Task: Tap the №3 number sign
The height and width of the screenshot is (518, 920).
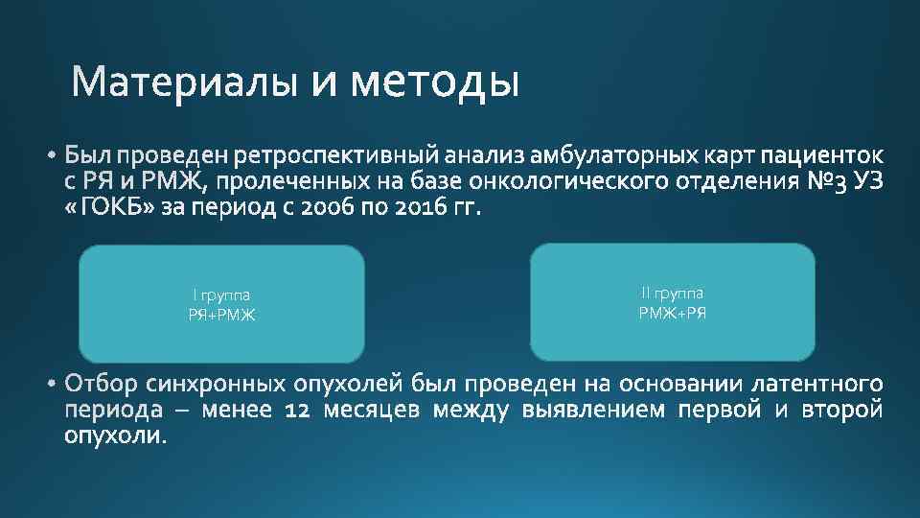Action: pos(827,182)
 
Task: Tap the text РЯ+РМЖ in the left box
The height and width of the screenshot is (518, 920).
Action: pos(221,315)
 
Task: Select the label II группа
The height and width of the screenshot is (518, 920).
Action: pos(672,294)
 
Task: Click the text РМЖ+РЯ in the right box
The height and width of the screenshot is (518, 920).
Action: pos(672,313)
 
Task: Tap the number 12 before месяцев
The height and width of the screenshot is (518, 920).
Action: pos(300,412)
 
